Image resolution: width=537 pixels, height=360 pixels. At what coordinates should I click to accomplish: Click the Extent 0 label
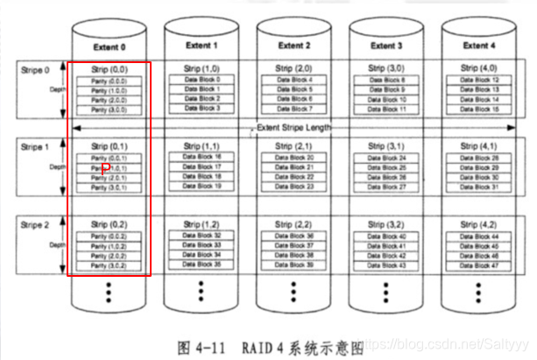(x=109, y=45)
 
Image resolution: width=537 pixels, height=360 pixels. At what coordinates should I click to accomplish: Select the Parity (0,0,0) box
(x=109, y=81)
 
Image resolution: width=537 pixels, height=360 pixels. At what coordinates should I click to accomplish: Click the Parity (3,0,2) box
(x=109, y=265)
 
